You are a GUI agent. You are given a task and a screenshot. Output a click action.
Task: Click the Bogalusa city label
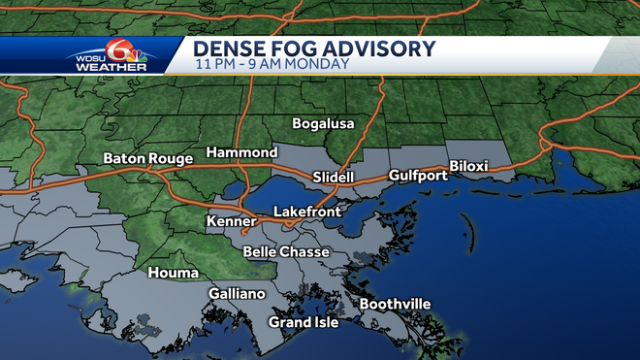[324, 124]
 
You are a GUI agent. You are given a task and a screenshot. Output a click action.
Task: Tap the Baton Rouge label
[145, 158]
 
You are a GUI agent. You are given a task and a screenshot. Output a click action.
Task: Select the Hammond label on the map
[241, 153]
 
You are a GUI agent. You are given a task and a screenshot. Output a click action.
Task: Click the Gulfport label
[417, 176]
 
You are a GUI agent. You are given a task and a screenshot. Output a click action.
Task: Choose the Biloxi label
[468, 167]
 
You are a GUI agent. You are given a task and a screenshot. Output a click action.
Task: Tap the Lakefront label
[306, 211]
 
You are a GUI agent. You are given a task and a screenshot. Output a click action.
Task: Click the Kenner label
[231, 222]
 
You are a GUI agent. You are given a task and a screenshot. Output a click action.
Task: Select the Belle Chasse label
[286, 252]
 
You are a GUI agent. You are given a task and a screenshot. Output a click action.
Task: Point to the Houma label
[173, 273]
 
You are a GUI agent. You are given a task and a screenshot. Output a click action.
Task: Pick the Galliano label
[237, 294]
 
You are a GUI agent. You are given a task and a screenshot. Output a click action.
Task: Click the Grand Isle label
[304, 322]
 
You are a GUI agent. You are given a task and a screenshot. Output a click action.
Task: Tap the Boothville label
[395, 305]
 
